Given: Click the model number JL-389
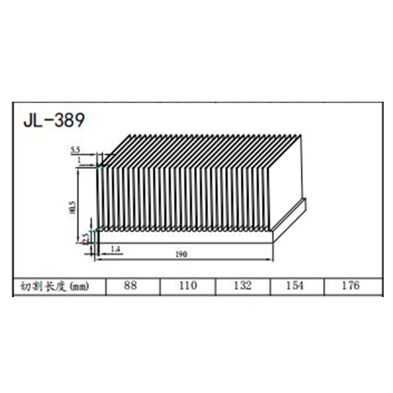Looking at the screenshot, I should [54, 120].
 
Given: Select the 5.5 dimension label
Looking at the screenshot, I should [76, 149].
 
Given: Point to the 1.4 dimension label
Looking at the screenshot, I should [116, 250].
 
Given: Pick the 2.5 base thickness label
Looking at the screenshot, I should [85, 238].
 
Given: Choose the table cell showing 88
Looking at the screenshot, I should [130, 285].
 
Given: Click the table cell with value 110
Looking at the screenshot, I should [188, 285].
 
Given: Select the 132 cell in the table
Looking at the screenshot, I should [243, 285].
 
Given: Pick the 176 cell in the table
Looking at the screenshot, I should [351, 285].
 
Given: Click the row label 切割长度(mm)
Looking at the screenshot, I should [54, 286].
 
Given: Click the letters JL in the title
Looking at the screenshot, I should [31, 120].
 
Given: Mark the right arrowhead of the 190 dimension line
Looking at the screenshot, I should [271, 259].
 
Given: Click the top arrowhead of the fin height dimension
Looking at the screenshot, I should [78, 169].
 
